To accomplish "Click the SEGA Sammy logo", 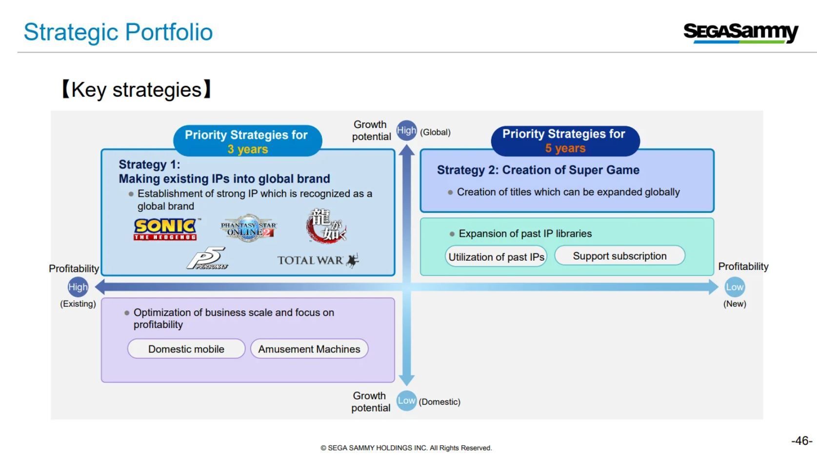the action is point(741,33).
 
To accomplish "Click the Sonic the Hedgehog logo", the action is point(166,229).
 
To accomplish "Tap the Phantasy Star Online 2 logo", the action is point(249,228).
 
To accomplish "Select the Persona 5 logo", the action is point(208,259).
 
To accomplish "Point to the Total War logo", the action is point(318,260).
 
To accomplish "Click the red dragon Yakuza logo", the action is point(326,226).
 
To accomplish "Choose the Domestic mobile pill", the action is point(186,349).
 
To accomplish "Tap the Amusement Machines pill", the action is point(309,349).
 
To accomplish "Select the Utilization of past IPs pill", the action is point(496,257).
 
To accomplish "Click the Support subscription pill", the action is point(619,256).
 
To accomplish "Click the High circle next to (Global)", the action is point(406,130).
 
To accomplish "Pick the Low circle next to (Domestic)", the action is point(406,401).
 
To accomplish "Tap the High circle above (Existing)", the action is point(78,287).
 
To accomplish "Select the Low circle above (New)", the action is point(735,287).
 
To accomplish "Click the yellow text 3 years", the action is point(248,149).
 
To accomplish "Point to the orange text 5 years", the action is point(565,148).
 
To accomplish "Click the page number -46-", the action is point(802,440).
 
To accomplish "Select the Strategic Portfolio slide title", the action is point(118,32).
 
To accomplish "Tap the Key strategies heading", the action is point(137,89).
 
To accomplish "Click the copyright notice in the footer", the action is point(406,448).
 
